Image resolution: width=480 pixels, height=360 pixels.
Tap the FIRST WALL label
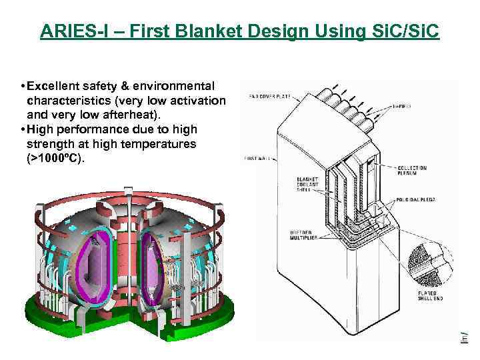tap(257, 158)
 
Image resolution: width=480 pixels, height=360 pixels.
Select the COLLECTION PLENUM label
tap(411, 171)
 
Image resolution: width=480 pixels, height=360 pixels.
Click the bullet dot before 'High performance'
tap(23, 131)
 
